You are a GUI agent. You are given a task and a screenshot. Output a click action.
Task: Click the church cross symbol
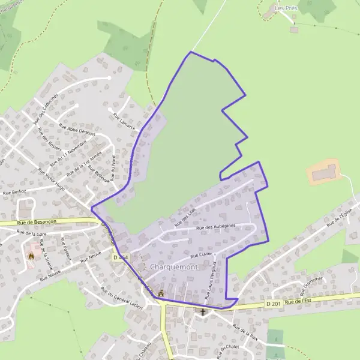pyautogui.click(x=203, y=312)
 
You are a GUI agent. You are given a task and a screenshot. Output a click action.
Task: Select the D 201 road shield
pyautogui.click(x=273, y=305)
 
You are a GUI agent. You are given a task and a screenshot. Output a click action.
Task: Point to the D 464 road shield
pyautogui.click(x=120, y=257)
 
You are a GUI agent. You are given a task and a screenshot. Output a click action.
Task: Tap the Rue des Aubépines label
pyautogui.click(x=216, y=228)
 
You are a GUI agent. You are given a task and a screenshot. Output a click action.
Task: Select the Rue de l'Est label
pyautogui.click(x=300, y=300)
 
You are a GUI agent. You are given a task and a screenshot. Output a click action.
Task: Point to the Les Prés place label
pyautogui.click(x=286, y=8)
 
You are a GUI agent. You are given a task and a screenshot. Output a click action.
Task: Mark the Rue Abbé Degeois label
pyautogui.click(x=77, y=130)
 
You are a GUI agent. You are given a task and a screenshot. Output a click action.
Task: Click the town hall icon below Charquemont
pyautogui.click(x=161, y=293)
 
